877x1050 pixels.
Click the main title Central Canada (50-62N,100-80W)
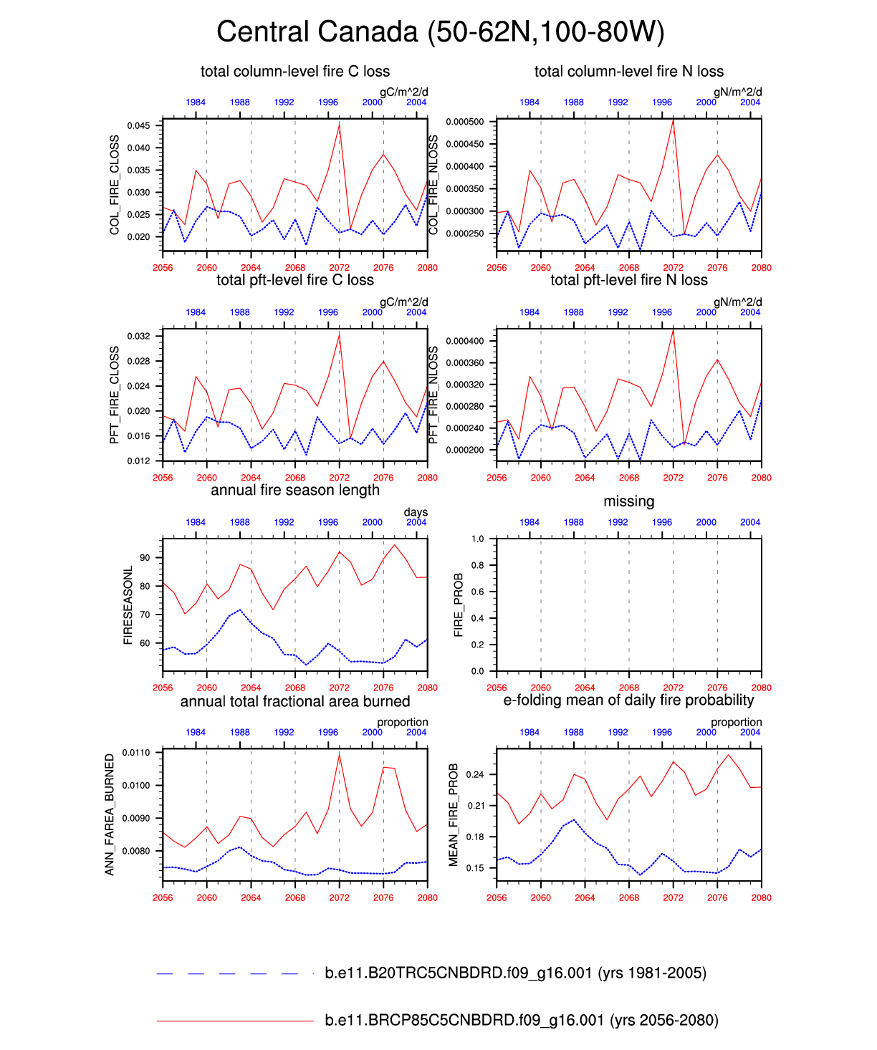tap(440, 32)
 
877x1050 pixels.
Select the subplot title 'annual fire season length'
tap(294, 490)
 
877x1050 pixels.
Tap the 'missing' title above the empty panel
tap(628, 501)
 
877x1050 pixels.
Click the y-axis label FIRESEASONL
tap(128, 605)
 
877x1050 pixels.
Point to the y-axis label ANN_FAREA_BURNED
tap(110, 814)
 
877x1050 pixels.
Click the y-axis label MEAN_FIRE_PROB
tap(454, 814)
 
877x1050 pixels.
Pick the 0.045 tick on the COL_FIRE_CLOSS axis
tap(138, 126)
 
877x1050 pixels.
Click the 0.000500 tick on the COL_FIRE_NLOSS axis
tap(464, 122)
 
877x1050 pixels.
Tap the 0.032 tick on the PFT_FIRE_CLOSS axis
tap(138, 336)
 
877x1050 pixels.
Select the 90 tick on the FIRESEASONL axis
tap(145, 558)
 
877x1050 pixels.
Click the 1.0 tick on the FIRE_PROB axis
tap(477, 539)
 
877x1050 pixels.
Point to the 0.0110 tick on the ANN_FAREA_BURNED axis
tap(136, 753)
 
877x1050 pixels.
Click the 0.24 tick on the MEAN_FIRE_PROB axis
tap(474, 775)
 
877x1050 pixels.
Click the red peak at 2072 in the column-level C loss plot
tap(339, 125)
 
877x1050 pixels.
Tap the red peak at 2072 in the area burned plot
tap(339, 756)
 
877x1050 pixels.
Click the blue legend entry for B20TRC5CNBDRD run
tap(515, 973)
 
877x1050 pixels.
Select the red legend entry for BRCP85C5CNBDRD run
tap(521, 1020)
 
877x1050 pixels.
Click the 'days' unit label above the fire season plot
tap(416, 512)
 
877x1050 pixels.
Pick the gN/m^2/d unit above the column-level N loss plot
tap(737, 92)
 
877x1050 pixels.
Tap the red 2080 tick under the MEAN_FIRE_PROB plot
tap(761, 897)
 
